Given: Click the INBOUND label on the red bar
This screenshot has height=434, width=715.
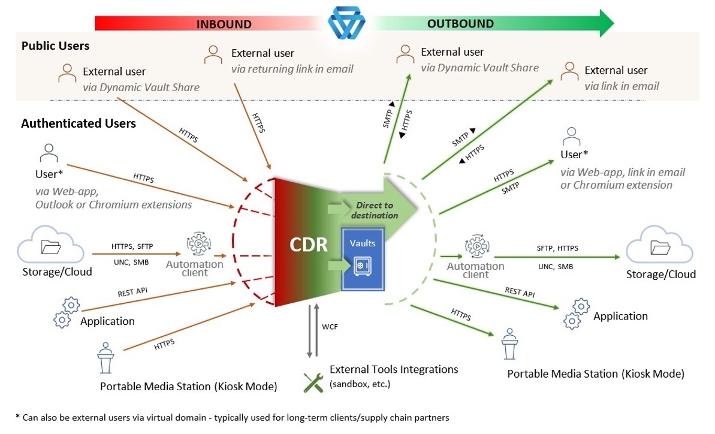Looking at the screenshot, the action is point(224,24).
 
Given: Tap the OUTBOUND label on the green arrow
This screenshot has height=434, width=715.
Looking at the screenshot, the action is point(460,24).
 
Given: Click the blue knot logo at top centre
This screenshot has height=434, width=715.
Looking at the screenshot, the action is point(346,22).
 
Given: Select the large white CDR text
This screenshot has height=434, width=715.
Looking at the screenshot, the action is point(309,245).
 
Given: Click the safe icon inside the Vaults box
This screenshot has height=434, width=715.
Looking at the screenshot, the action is point(363,266).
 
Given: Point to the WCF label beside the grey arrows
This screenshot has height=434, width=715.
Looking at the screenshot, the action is point(330,327).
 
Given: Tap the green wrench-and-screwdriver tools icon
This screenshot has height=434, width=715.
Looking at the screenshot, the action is point(313,382).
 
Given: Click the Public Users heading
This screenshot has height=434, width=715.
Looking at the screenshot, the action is point(55,46).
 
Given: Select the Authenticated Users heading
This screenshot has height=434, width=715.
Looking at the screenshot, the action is point(79,123).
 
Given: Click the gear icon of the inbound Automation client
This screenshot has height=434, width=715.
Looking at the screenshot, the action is point(198,244).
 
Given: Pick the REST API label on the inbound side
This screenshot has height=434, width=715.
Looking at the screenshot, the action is point(132,292).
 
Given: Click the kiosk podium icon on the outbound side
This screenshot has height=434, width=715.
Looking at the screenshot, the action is point(510,343).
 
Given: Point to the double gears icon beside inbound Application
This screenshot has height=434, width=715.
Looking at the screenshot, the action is point(67,313).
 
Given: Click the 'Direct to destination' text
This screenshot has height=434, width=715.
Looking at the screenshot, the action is point(375,210).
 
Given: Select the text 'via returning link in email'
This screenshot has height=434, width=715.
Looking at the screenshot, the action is point(292,69).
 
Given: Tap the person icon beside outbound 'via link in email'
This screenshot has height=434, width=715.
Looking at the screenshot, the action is point(569,71).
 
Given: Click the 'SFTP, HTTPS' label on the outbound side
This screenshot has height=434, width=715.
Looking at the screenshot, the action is point(557,248).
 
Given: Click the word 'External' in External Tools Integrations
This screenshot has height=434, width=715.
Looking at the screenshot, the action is point(349,369).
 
